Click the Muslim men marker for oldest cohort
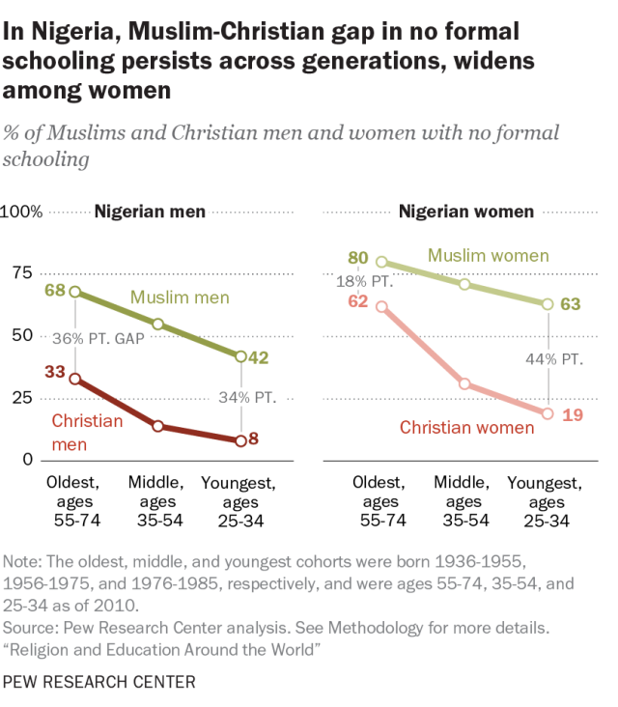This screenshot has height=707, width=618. pyautogui.click(x=75, y=292)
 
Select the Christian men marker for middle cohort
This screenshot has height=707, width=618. pyautogui.click(x=157, y=426)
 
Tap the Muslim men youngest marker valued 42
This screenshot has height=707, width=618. pyautogui.click(x=241, y=356)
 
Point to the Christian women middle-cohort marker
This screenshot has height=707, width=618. pyautogui.click(x=464, y=384)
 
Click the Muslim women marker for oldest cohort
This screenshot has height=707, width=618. pyautogui.click(x=381, y=262)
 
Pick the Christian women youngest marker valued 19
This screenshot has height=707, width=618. pyautogui.click(x=548, y=413)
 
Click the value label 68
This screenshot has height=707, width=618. pyautogui.click(x=55, y=290)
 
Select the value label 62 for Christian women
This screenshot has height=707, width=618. pyautogui.click(x=358, y=300)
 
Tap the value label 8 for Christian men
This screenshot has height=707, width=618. pyautogui.click(x=253, y=438)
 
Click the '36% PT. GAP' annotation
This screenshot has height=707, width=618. pyautogui.click(x=98, y=339)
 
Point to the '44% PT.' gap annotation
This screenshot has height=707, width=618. pyautogui.click(x=554, y=359)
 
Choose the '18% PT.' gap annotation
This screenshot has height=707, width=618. pyautogui.click(x=365, y=282)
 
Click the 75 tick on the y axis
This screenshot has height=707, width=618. pyautogui.click(x=22, y=272)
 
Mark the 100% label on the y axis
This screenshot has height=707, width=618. pyautogui.click(x=21, y=212)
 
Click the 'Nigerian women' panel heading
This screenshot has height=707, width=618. pyautogui.click(x=466, y=212)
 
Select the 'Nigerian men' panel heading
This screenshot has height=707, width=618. pyautogui.click(x=150, y=212)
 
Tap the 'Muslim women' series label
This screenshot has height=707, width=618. pyautogui.click(x=489, y=256)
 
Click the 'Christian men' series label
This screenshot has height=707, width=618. pyautogui.click(x=87, y=433)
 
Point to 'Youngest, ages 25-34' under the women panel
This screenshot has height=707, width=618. pyautogui.click(x=546, y=502)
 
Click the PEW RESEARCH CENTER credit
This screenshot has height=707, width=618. pyautogui.click(x=99, y=682)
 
